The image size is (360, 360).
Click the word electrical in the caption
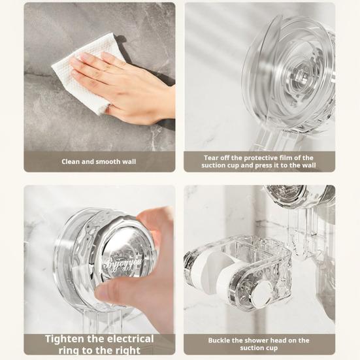[x=131, y=339]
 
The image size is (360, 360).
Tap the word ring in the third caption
[x=69, y=351]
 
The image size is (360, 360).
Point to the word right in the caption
[x=128, y=351]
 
